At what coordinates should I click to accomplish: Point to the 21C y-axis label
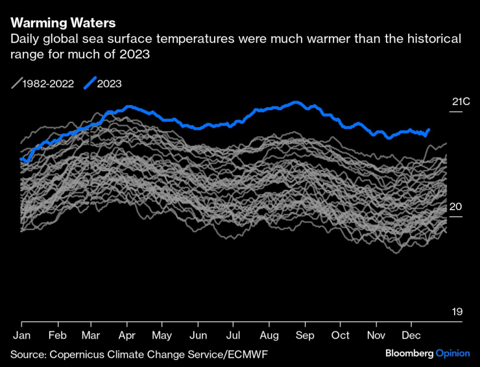point(461,102)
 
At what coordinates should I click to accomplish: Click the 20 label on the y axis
point(457,206)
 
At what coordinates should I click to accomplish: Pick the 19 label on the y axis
point(457,312)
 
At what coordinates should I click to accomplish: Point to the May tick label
point(162,335)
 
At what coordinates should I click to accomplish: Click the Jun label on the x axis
point(198,335)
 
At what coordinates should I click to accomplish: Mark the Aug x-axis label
point(269,335)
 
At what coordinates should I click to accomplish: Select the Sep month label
point(304,335)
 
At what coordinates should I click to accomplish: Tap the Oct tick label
point(339,335)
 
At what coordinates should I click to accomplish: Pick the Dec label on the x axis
point(411,335)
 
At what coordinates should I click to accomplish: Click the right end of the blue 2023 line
point(429,130)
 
